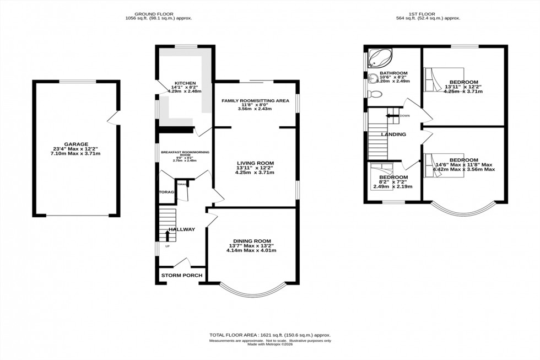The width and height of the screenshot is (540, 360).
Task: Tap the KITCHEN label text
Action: (182, 83)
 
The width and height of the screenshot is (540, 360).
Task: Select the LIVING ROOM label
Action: (255, 163)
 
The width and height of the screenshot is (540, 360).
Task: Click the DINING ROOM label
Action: (251, 240)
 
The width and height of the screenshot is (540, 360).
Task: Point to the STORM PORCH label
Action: (181, 276)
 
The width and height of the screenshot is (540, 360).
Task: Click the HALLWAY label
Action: (182, 229)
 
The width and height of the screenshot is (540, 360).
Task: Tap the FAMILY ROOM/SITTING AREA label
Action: (255, 101)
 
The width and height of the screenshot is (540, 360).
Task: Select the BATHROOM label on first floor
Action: (393, 73)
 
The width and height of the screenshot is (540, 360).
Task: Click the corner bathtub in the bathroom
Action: (379, 57)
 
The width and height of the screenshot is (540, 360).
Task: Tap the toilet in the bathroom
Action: (374, 94)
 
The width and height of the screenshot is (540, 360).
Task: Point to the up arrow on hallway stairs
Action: (168, 236)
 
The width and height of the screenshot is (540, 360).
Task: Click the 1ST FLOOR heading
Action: (429, 13)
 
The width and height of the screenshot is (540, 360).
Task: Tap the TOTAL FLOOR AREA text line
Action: (269, 335)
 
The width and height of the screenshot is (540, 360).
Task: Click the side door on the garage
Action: (114, 117)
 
